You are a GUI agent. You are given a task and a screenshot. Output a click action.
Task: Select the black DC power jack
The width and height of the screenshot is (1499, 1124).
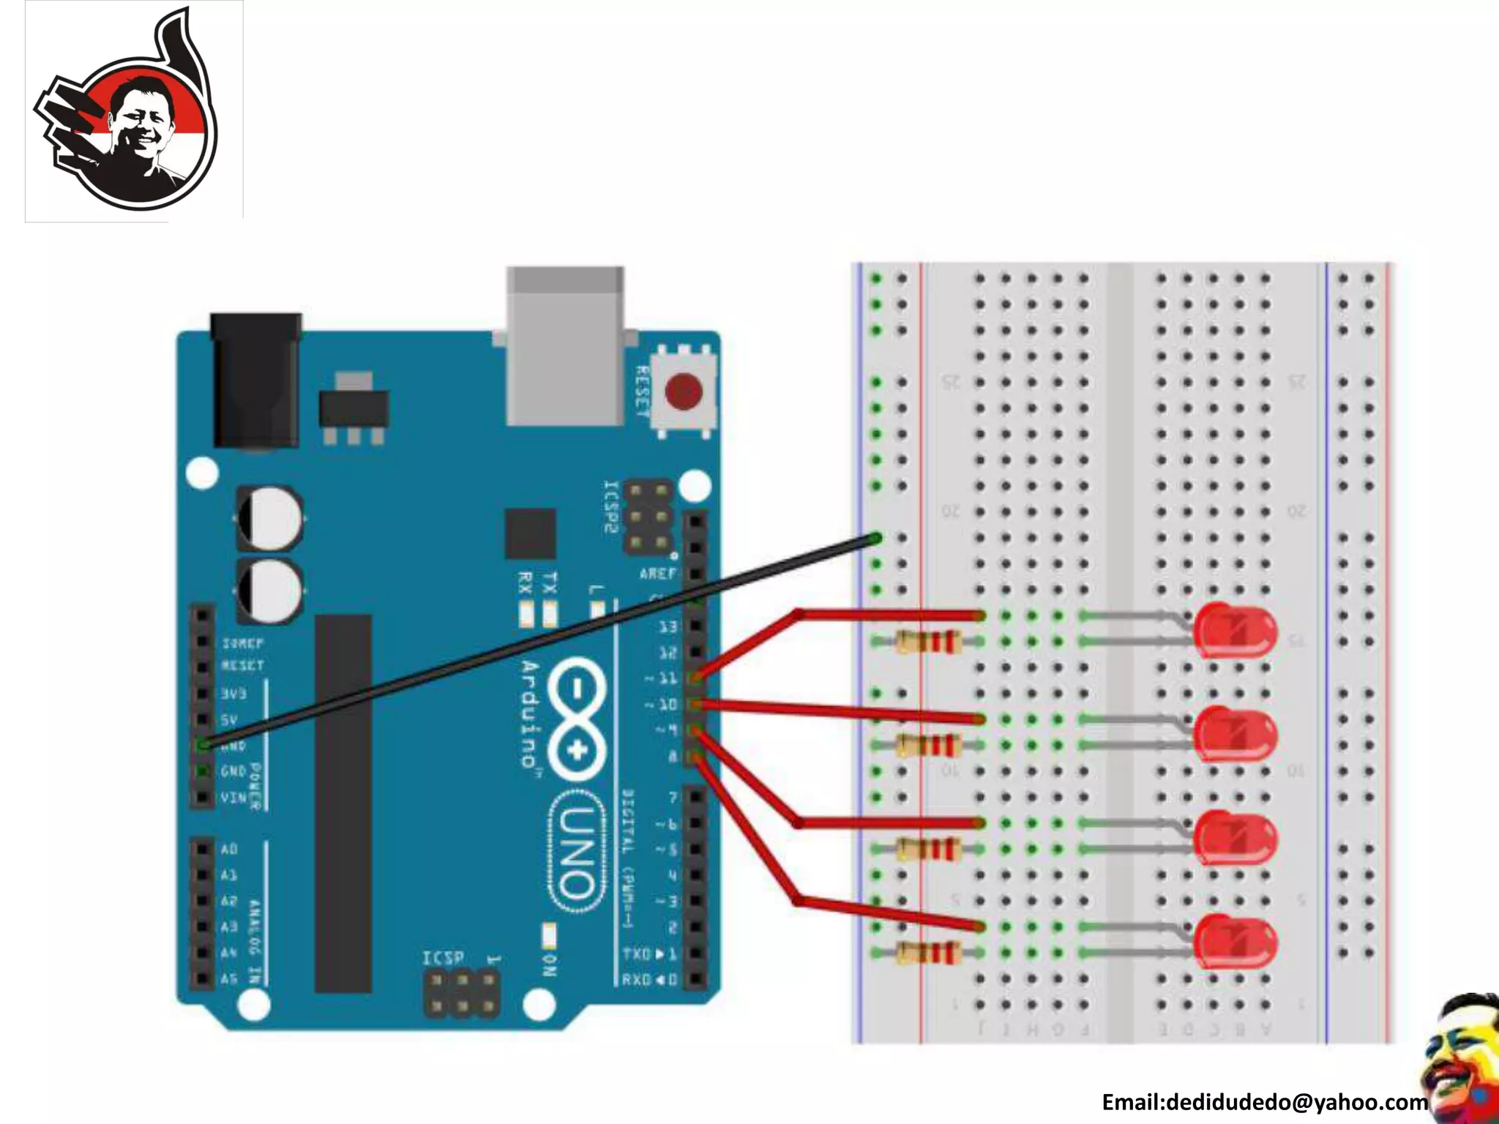pos(255,380)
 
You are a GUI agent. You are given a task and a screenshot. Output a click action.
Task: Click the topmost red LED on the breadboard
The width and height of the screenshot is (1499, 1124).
pos(1236,630)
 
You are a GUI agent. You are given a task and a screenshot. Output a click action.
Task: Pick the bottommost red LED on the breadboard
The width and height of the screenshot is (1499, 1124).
pos(1236,942)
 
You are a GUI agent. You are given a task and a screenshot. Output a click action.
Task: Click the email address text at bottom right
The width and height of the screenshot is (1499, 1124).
pos(1264,1102)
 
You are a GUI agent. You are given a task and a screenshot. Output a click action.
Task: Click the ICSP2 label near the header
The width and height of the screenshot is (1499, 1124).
pos(610,507)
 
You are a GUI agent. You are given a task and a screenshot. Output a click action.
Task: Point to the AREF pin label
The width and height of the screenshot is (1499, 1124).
pos(658,574)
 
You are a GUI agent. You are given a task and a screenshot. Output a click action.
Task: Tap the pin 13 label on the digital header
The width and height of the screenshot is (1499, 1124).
pos(668,626)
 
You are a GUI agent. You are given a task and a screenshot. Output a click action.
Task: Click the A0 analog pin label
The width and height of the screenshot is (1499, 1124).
pos(229,849)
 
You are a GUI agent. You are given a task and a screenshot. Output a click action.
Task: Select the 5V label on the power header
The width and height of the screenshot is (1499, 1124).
pos(229,719)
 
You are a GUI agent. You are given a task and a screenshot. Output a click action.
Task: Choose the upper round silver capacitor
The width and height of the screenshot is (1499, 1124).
pos(269,518)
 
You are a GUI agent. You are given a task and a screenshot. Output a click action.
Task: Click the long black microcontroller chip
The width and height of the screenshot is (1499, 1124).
pos(343,803)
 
